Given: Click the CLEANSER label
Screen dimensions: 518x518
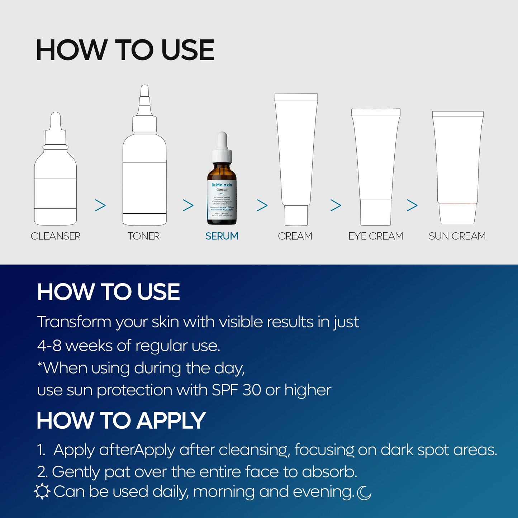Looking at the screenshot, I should click(56, 236).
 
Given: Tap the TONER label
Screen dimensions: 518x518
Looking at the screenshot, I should click(143, 236).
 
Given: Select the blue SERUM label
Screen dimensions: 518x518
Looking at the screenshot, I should click(222, 236).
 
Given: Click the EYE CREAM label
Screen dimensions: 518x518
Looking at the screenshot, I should click(375, 236).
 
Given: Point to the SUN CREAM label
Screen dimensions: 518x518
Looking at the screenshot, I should click(457, 236).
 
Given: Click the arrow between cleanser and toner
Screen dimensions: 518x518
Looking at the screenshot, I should click(100, 205).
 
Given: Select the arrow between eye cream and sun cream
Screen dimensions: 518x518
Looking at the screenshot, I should click(412, 205).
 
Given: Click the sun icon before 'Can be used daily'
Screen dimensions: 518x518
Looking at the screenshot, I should click(42, 491).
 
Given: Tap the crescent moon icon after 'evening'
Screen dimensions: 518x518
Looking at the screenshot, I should click(365, 493).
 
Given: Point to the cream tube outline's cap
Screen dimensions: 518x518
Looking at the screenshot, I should click(296, 215).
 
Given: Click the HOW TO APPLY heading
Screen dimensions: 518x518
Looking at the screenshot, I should click(121, 420).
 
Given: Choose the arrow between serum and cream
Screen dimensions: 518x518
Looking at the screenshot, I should click(262, 205).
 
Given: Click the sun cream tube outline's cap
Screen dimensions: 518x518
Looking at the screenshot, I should click(458, 214).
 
